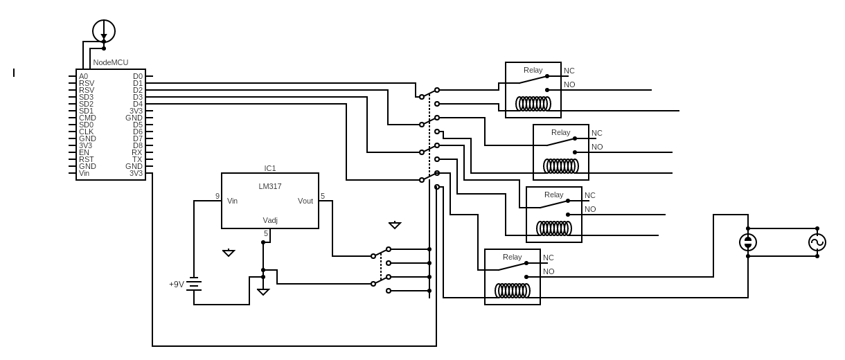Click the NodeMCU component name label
point(111,62)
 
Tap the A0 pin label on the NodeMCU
point(83,76)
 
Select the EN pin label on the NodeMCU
point(84,152)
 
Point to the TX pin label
point(137,159)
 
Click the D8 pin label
point(138,145)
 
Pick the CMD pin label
point(87,118)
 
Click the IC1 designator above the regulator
point(270,168)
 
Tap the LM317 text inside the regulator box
point(270,186)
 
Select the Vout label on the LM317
point(305,201)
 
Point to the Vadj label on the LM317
point(270,220)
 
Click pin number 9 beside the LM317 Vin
point(217,196)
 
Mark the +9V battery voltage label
point(177,284)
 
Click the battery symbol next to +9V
point(194,284)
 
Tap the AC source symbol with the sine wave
point(817,242)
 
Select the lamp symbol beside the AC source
point(748,242)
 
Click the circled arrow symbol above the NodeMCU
point(104,31)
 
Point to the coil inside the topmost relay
point(533,104)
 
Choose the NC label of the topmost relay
point(569,71)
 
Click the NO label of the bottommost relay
point(549,271)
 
